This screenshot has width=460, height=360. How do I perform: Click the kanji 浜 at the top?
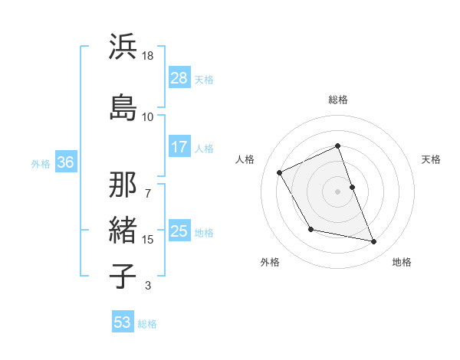(123, 47)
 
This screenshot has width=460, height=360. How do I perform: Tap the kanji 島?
(123, 106)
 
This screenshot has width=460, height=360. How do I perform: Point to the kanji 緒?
(123, 229)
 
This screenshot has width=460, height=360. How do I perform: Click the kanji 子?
(123, 275)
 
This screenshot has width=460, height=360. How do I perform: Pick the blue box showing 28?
(179, 78)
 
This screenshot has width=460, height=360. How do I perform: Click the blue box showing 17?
(179, 147)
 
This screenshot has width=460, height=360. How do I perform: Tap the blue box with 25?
(179, 231)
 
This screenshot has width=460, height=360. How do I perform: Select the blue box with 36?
(65, 162)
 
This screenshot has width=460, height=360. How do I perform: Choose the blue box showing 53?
(123, 322)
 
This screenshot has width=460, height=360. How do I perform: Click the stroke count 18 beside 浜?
(148, 56)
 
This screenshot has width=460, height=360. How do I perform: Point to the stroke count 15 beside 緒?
(148, 240)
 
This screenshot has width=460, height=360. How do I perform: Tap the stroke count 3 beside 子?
(148, 286)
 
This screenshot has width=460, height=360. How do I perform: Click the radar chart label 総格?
(338, 100)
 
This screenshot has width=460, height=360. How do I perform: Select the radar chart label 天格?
(432, 159)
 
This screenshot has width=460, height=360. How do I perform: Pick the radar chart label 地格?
(402, 263)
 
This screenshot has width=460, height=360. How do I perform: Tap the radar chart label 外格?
(270, 263)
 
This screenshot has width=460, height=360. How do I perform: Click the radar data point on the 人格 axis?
(280, 172)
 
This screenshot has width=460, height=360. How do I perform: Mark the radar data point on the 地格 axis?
(374, 242)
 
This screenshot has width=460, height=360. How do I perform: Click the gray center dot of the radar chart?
(338, 191)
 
